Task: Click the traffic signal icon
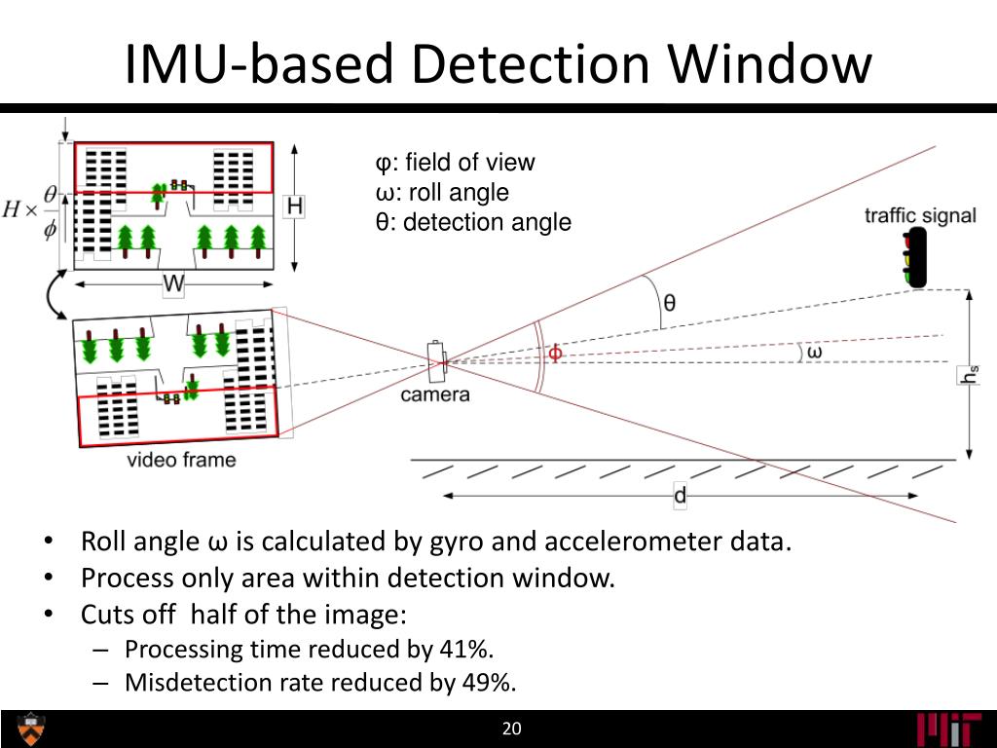coord(914,258)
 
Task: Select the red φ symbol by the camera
coord(555,353)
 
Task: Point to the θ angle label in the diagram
coord(669,302)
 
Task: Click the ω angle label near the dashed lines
coord(813,353)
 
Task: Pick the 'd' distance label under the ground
coord(680,496)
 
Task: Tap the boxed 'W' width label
coord(173,284)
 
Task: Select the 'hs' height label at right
coord(968,374)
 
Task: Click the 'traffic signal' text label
coord(920,215)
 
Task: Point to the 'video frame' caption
coord(181,459)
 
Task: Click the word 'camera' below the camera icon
coord(435,394)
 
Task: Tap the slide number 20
coord(512,729)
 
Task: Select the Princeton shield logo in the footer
coord(31,729)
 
